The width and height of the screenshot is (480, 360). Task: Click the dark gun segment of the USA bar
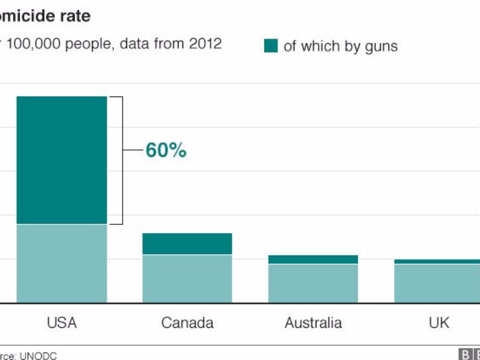62,160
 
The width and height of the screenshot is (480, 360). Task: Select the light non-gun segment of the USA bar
62,263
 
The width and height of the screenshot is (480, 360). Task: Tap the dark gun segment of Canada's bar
187,244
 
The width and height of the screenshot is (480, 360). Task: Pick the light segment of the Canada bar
187,278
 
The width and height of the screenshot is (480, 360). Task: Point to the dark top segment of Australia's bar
313,259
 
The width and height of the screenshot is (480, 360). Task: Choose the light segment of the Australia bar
313,283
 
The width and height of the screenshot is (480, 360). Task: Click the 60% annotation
166,150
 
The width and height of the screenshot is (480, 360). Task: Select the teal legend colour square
271,46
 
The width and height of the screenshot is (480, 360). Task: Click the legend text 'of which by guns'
340,46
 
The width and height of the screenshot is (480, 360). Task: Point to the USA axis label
62,322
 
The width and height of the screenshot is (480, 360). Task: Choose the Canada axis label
187,322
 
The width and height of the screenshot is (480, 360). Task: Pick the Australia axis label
313,322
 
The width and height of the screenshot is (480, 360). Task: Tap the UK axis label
439,322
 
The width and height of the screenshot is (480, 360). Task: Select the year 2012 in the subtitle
205,44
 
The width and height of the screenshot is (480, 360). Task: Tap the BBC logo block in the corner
469,354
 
